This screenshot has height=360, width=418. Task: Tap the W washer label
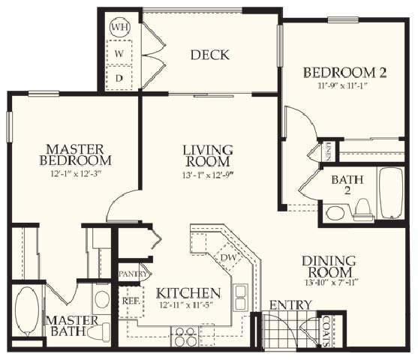click(x=119, y=54)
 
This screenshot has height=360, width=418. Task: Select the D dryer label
click(x=119, y=77)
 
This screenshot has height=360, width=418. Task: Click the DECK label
click(x=209, y=55)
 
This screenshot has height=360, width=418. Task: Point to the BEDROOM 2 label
click(x=344, y=73)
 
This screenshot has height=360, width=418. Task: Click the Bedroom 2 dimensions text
click(x=344, y=85)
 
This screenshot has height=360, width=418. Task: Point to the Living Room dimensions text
click(x=208, y=175)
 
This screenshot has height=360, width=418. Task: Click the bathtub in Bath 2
click(x=392, y=193)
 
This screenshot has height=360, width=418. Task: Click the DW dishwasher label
click(x=229, y=257)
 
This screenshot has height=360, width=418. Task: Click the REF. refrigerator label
click(x=129, y=301)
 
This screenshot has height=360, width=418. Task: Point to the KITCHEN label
click(x=188, y=292)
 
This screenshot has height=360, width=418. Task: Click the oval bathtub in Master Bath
click(x=26, y=311)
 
